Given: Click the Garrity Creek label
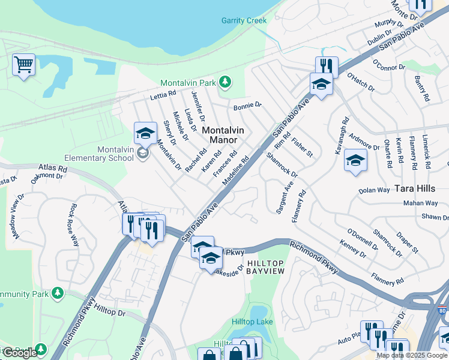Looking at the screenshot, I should [x=244, y=20].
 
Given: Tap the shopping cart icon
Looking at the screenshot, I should [x=23, y=64].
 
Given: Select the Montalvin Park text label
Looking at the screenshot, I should [x=188, y=83].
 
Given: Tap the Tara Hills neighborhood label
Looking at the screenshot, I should [x=415, y=188].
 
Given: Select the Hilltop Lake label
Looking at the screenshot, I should [x=252, y=322].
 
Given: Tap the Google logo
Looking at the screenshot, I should [x=19, y=353].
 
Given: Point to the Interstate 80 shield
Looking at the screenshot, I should [x=442, y=311].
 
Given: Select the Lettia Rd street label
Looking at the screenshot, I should [x=163, y=94].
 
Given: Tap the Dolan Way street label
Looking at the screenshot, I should [x=374, y=190].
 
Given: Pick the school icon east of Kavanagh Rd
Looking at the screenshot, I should [x=355, y=160].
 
